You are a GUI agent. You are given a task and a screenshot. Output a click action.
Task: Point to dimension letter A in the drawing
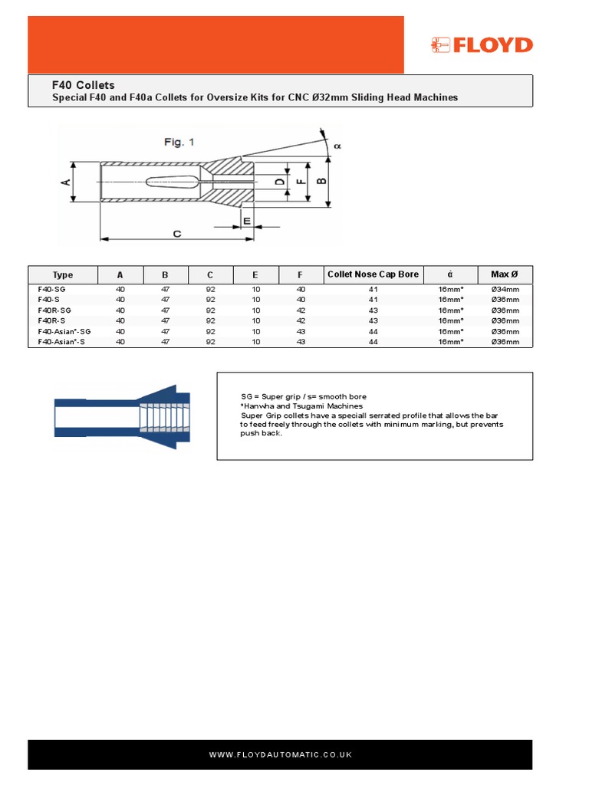pyautogui.click(x=66, y=181)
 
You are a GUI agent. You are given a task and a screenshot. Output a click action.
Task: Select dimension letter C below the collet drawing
pyautogui.click(x=177, y=233)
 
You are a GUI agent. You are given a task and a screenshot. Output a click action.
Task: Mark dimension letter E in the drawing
pyautogui.click(x=246, y=221)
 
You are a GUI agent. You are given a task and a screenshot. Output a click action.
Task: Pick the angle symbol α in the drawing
pyautogui.click(x=336, y=144)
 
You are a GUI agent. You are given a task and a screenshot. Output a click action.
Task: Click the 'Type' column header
pyautogui.click(x=63, y=275)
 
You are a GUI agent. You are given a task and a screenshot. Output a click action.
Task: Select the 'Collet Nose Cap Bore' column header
pyautogui.click(x=373, y=274)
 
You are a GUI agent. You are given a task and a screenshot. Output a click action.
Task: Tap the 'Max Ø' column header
pyautogui.click(x=505, y=274)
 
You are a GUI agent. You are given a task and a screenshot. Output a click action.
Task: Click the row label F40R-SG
pyautogui.click(x=54, y=310)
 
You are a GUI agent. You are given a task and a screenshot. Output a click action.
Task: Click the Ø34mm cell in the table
pyautogui.click(x=505, y=289)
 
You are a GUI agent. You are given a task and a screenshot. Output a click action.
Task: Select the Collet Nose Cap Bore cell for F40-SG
pyautogui.click(x=373, y=289)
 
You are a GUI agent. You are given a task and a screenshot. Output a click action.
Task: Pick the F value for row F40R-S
pyautogui.click(x=301, y=320)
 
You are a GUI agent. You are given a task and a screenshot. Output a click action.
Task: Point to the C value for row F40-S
pyautogui.click(x=211, y=300)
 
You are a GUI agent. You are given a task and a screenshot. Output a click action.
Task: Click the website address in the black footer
pyautogui.click(x=280, y=755)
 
